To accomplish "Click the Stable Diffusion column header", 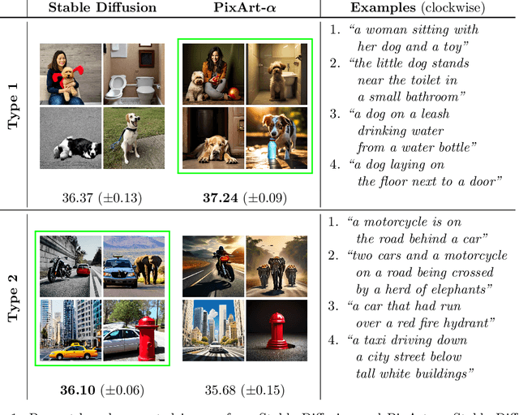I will pos(101,8).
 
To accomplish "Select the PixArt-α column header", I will pos(245,8).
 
